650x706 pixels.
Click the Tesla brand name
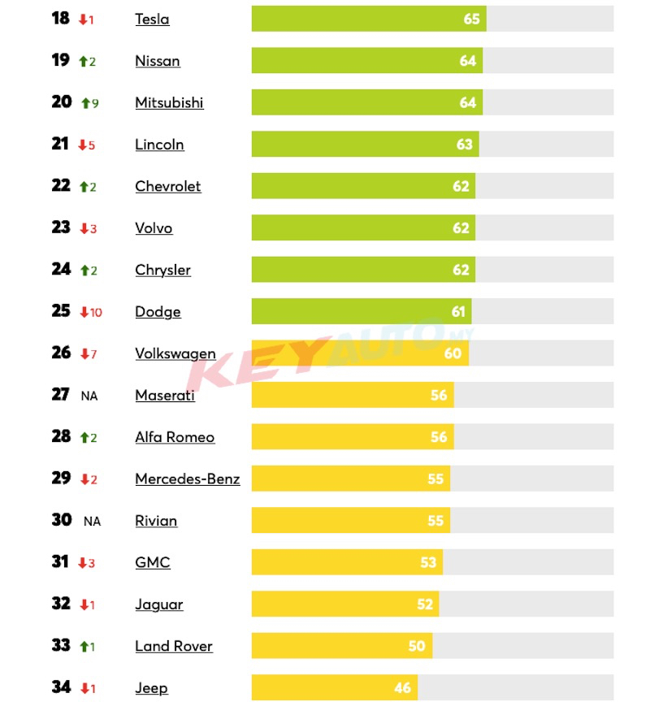pyautogui.click(x=152, y=19)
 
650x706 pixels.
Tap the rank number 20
pyautogui.click(x=62, y=102)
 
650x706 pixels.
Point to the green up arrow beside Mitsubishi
pyautogui.click(x=84, y=103)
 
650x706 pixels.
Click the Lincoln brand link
pyautogui.click(x=159, y=145)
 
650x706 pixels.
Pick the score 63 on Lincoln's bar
pyautogui.click(x=464, y=145)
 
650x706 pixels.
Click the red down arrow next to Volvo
pyautogui.click(x=83, y=229)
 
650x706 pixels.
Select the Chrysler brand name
pyautogui.click(x=162, y=270)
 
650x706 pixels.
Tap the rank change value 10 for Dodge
pyautogui.click(x=96, y=312)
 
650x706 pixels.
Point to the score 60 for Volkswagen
pyautogui.click(x=453, y=353)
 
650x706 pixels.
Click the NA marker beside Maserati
pyautogui.click(x=89, y=396)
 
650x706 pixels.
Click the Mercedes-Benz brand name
pyautogui.click(x=187, y=479)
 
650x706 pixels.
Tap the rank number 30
pyautogui.click(x=62, y=520)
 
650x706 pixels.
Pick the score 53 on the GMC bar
pyautogui.click(x=428, y=562)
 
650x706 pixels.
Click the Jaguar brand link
pyautogui.click(x=158, y=604)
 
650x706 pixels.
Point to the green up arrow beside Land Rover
pyautogui.click(x=84, y=647)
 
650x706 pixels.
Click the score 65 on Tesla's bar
pyautogui.click(x=471, y=19)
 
